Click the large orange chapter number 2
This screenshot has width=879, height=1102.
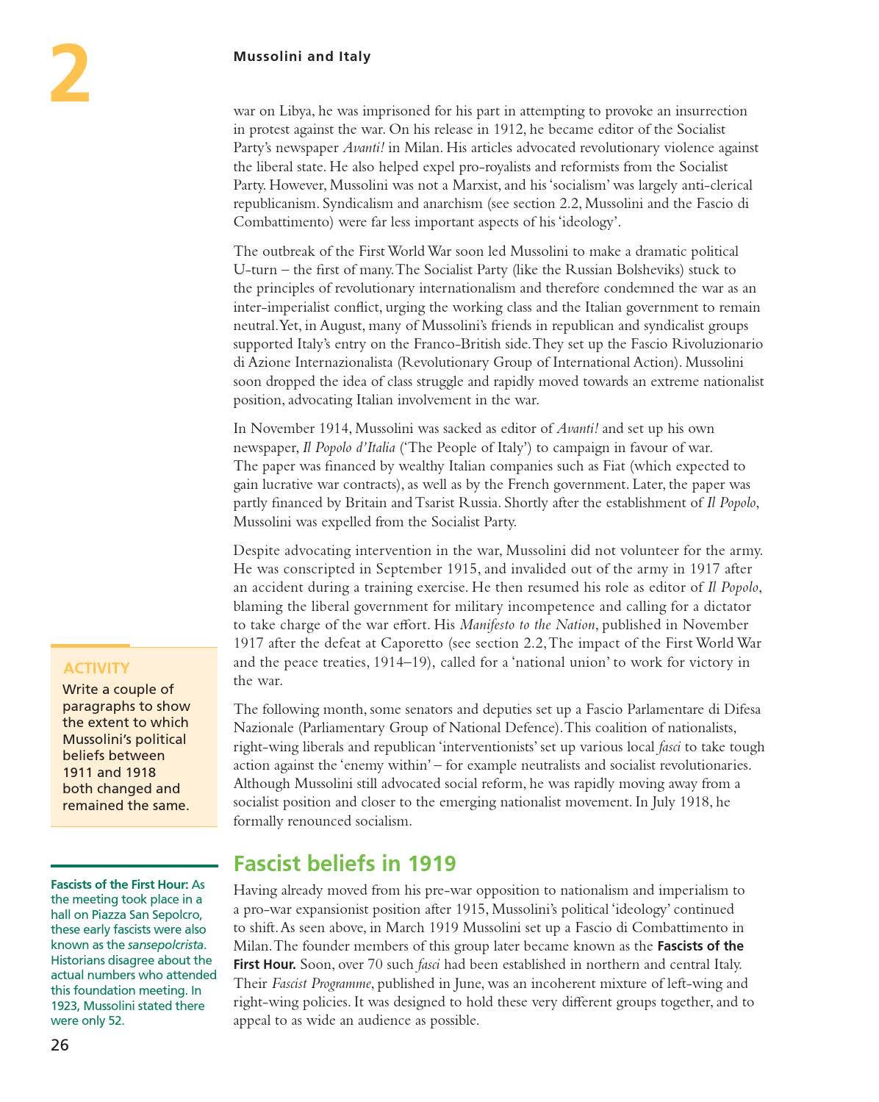point(70,74)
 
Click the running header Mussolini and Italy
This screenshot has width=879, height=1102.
point(301,57)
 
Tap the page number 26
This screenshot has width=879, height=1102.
point(60,1045)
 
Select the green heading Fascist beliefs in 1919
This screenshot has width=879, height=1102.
point(344,863)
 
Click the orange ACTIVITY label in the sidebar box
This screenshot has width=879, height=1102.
point(96,668)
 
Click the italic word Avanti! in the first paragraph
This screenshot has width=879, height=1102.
point(364,148)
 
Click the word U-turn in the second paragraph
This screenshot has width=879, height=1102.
point(255,270)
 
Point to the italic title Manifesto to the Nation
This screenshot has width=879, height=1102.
point(527,625)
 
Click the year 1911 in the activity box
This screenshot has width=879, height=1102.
point(78,772)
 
